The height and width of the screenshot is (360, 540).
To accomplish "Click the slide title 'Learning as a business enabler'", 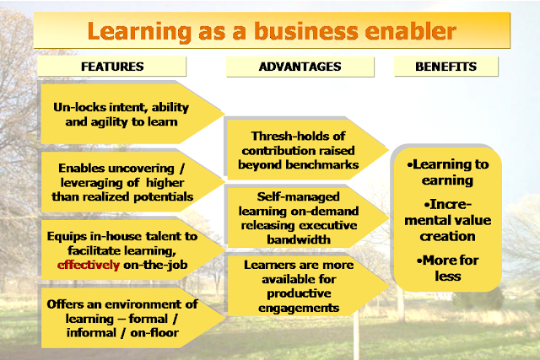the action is tap(272, 31).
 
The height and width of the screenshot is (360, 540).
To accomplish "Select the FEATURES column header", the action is tap(112, 67).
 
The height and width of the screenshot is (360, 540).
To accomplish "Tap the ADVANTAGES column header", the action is tap(300, 67).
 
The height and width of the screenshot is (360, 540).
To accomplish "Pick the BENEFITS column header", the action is tap(446, 67).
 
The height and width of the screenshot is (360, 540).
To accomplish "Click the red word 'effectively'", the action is tap(89, 265).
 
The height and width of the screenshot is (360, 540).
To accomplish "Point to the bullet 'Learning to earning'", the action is tap(448, 172).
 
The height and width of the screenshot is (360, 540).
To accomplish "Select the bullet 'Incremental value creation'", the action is tap(448, 220).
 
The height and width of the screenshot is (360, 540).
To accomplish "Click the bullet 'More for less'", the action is tap(448, 268).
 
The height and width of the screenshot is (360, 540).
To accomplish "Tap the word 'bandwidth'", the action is tap(299, 239).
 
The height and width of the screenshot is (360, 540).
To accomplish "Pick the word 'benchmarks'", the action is tap(322, 165).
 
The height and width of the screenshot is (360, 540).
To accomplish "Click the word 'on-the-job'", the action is tap(155, 265).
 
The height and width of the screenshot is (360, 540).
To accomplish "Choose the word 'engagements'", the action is tap(299, 308).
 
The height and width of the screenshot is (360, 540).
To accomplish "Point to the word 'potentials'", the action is tap(163, 197).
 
